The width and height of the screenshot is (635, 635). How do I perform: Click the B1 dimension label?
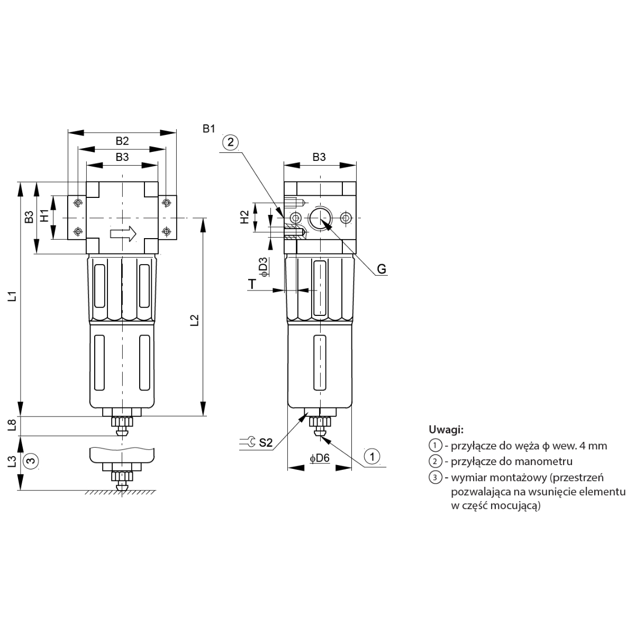point(208,129)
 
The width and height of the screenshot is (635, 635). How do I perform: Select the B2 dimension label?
point(122,141)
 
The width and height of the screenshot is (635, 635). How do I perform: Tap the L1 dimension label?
point(13,296)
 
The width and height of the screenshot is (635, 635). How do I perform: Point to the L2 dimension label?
point(195,320)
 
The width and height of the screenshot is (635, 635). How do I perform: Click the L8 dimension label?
point(12,425)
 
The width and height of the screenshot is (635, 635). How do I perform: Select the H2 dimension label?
point(244,217)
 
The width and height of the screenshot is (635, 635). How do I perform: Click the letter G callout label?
point(381,269)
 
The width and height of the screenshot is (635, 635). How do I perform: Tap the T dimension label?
point(252,284)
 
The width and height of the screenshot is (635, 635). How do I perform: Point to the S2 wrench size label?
point(266,442)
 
